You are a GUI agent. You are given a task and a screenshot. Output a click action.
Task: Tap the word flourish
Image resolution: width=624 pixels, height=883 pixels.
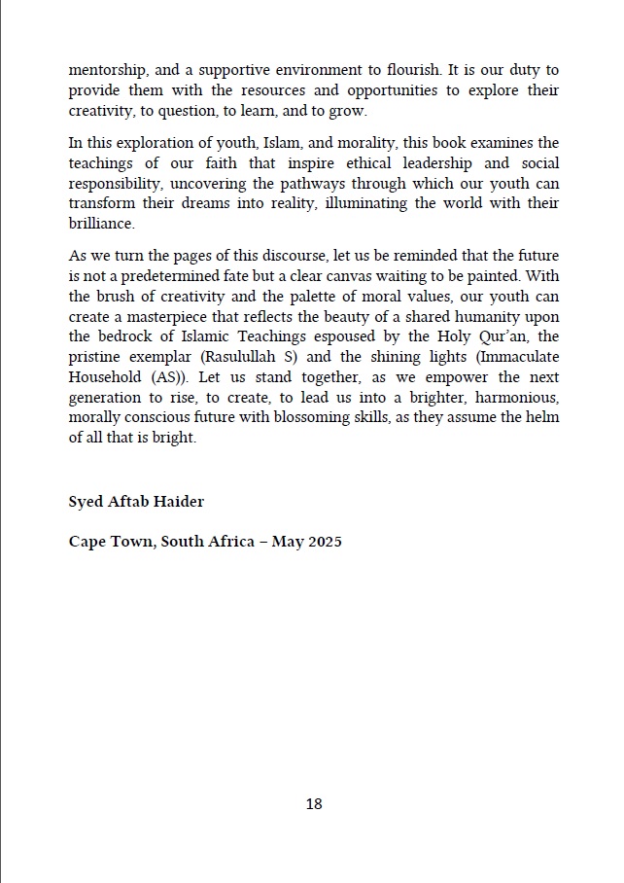pos(396,71)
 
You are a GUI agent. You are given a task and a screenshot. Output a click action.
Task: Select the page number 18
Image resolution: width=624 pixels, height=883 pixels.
pos(313,803)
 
